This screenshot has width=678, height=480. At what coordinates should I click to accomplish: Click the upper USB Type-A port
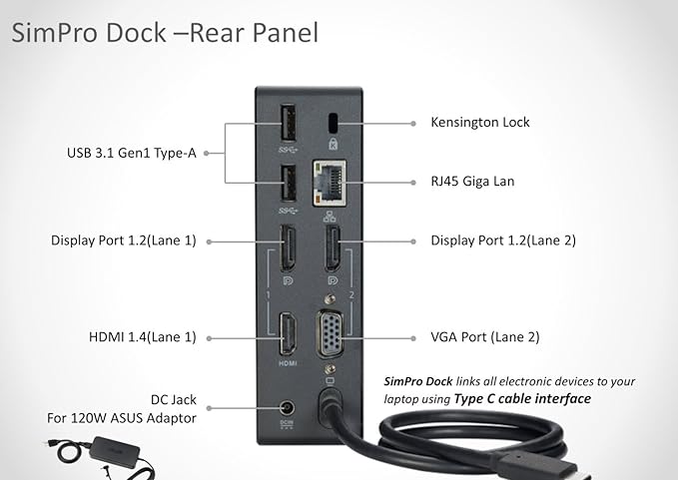(289, 123)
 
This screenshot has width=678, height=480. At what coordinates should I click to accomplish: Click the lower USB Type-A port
(289, 184)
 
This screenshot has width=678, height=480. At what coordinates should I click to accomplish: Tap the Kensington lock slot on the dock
(333, 124)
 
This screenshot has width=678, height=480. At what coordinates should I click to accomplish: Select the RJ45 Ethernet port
(330, 183)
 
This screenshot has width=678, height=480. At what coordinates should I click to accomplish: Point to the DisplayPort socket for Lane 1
(288, 247)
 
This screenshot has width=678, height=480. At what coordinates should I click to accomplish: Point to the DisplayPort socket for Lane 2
(333, 247)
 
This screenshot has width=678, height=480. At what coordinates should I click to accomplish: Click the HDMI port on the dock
(288, 334)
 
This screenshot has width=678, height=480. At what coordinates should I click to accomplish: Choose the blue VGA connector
(330, 333)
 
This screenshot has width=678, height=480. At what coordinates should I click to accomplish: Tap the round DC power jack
(287, 408)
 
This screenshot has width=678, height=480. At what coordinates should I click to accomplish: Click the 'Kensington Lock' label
(480, 123)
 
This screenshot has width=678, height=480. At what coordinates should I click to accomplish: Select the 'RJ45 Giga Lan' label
(472, 181)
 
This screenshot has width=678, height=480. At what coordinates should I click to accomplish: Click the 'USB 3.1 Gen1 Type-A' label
(132, 153)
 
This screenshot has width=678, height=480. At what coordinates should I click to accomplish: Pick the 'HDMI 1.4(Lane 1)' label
(142, 337)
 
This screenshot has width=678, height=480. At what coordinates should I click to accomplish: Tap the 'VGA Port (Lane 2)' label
(485, 337)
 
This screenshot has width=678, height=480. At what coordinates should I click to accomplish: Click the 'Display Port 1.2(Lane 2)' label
(503, 240)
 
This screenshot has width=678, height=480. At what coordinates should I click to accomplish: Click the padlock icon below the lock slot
(333, 144)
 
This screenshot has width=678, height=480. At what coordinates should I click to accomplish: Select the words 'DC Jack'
(174, 399)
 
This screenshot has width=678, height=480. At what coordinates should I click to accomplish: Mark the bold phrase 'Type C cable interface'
(522, 399)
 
